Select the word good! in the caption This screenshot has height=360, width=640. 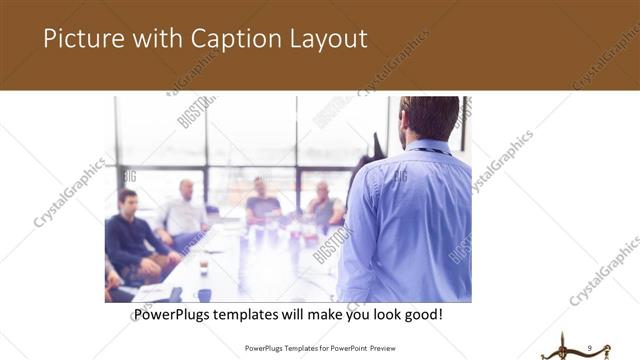(x=421, y=315)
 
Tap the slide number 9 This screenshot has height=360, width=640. (x=591, y=347)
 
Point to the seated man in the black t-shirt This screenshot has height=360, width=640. (x=262, y=203)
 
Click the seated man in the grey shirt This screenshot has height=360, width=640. (x=324, y=205)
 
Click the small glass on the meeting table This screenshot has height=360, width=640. (x=203, y=265)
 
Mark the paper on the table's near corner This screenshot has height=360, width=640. (x=151, y=292)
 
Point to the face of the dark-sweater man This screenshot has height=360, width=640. (x=128, y=199)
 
